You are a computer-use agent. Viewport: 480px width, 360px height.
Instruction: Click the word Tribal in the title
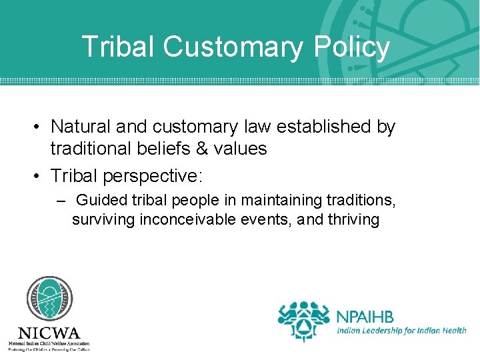click(118, 47)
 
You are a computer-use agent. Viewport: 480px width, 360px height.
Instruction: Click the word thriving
click(353, 219)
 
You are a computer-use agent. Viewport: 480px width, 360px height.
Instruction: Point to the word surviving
click(103, 219)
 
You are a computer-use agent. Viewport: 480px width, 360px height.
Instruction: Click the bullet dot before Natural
click(41, 127)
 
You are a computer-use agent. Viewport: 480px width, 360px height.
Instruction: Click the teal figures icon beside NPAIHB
click(304, 320)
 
